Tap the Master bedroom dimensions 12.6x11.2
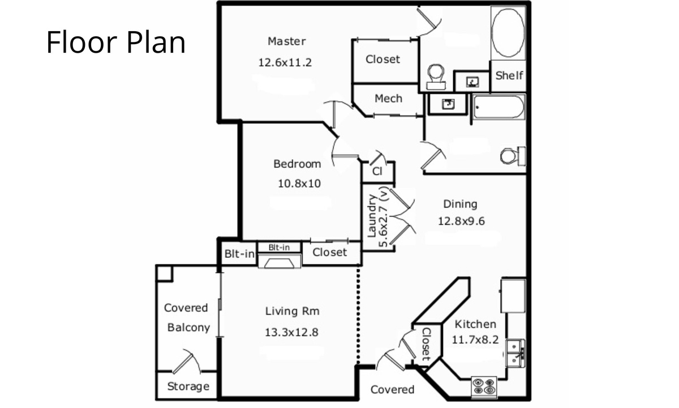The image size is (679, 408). [x=285, y=62]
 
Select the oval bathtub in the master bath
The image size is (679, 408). [x=508, y=32]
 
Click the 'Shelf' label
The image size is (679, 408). [x=509, y=75]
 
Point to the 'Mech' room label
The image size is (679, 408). [x=388, y=99]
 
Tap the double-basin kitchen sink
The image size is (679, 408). [x=515, y=353]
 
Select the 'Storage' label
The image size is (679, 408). [x=188, y=386]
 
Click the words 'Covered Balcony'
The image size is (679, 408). [x=187, y=317]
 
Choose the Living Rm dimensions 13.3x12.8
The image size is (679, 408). [x=291, y=333]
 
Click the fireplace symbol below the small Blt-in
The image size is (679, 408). [x=280, y=261]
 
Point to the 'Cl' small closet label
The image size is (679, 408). [x=377, y=171]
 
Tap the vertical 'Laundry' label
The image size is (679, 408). [x=372, y=215]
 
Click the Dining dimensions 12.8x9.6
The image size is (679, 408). [x=461, y=221]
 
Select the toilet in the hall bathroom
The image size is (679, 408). [x=513, y=156]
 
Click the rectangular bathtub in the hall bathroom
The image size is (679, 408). [x=498, y=107]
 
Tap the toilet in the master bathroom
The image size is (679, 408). [x=436, y=77]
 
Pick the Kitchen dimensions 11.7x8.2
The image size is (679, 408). [x=475, y=339]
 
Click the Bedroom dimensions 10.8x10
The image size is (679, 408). [x=299, y=184]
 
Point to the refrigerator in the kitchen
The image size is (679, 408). [x=513, y=296]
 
